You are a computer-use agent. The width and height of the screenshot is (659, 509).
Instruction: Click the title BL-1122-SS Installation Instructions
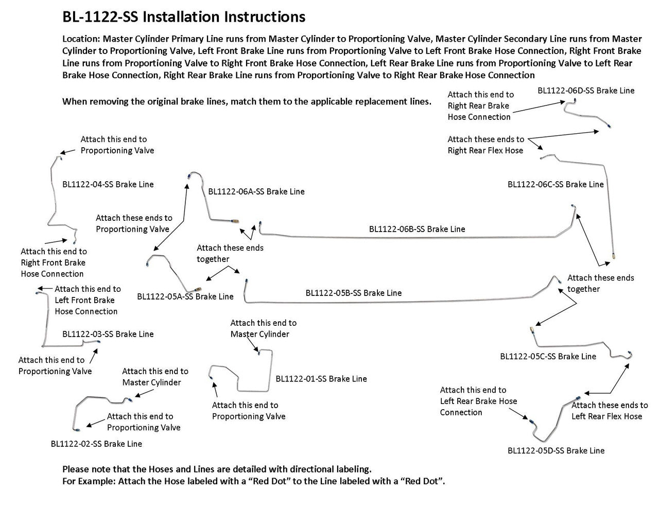tap(183, 17)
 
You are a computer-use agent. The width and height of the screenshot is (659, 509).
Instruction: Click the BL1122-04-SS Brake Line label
tap(108, 184)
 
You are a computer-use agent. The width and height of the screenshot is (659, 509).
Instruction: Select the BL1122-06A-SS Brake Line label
tap(256, 191)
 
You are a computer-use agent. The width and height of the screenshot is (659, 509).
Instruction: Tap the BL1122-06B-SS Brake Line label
tap(417, 229)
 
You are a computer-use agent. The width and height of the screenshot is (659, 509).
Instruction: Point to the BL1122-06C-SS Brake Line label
tap(556, 184)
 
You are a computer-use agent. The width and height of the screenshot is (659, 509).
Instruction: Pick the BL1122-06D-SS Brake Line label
tap(586, 91)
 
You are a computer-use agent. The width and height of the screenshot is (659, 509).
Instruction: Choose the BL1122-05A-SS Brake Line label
tap(185, 296)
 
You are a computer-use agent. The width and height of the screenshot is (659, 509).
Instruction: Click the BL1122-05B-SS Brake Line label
tap(353, 293)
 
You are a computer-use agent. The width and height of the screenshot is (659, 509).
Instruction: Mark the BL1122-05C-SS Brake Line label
tap(548, 356)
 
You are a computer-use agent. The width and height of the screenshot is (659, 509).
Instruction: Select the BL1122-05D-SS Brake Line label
tap(556, 450)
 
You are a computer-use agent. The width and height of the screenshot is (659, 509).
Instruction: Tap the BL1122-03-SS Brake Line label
tap(108, 334)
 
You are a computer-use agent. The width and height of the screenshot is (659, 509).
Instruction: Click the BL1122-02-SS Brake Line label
tap(96, 443)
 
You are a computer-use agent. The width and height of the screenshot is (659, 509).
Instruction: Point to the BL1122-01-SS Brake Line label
tap(321, 379)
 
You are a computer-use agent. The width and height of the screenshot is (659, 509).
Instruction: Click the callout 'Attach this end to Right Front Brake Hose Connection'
tap(54, 262)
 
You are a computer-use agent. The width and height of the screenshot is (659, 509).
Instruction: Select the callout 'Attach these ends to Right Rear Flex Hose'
tap(485, 145)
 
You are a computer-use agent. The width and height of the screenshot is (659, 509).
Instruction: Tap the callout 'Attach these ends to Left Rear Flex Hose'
tap(609, 411)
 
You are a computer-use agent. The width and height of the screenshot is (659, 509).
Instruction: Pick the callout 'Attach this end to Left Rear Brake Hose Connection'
tap(478, 401)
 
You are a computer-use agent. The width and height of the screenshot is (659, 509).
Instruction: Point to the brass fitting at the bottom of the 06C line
tap(614, 255)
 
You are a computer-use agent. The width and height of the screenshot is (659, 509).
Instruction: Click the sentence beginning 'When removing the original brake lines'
tap(247, 101)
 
